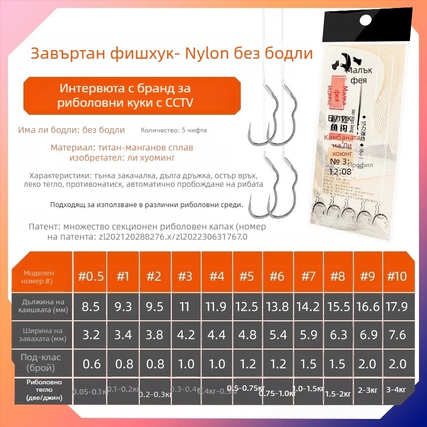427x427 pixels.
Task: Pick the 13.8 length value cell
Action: [x=277, y=306]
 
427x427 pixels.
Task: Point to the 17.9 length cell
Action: [x=397, y=306]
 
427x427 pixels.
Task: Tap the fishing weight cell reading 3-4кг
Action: [x=397, y=390]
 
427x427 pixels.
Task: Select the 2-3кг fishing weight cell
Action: [x=368, y=390]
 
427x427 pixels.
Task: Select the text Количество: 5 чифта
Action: [x=173, y=130]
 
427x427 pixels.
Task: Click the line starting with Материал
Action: [x=122, y=147]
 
